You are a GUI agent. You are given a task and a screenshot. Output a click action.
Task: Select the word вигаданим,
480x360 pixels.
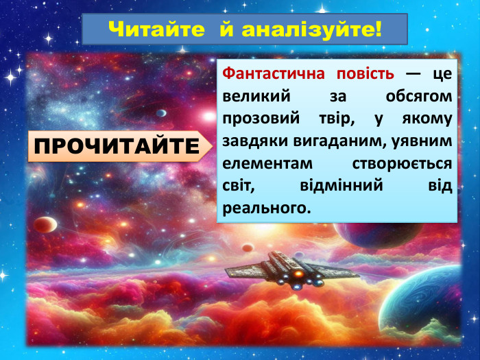pyautogui.click(x=332, y=141)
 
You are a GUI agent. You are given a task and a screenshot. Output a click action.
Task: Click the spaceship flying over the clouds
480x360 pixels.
pyautogui.click(x=291, y=270)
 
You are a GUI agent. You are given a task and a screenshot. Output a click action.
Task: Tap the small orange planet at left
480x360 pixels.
pyautogui.click(x=45, y=224)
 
